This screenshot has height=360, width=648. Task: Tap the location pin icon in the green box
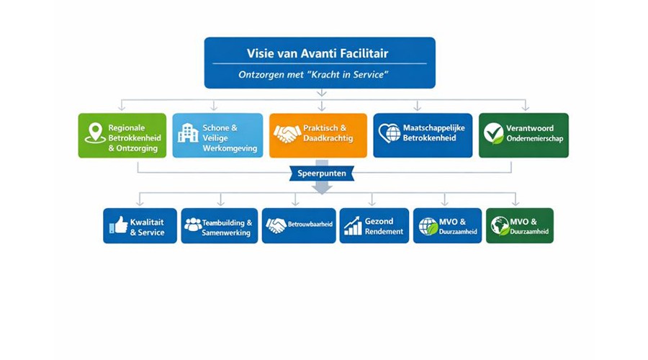pyautogui.click(x=95, y=133)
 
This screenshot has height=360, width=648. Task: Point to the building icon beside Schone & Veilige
pyautogui.click(x=188, y=132)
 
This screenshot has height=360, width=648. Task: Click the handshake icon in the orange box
pyautogui.click(x=287, y=134)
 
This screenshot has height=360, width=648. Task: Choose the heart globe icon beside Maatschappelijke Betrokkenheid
pyautogui.click(x=390, y=133)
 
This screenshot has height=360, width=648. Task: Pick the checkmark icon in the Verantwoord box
pyautogui.click(x=494, y=133)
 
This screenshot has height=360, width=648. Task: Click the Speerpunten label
pyautogui.click(x=321, y=174)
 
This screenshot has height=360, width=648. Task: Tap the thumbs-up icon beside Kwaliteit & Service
pyautogui.click(x=119, y=225)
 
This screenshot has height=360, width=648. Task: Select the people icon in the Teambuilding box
pyautogui.click(x=193, y=225)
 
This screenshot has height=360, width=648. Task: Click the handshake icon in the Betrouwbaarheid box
pyautogui.click(x=276, y=225)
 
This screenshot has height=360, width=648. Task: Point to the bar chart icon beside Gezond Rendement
pyautogui.click(x=353, y=226)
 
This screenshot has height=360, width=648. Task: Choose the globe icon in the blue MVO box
pyautogui.click(x=428, y=226)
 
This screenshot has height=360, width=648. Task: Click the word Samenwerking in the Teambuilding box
pyautogui.click(x=226, y=233)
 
